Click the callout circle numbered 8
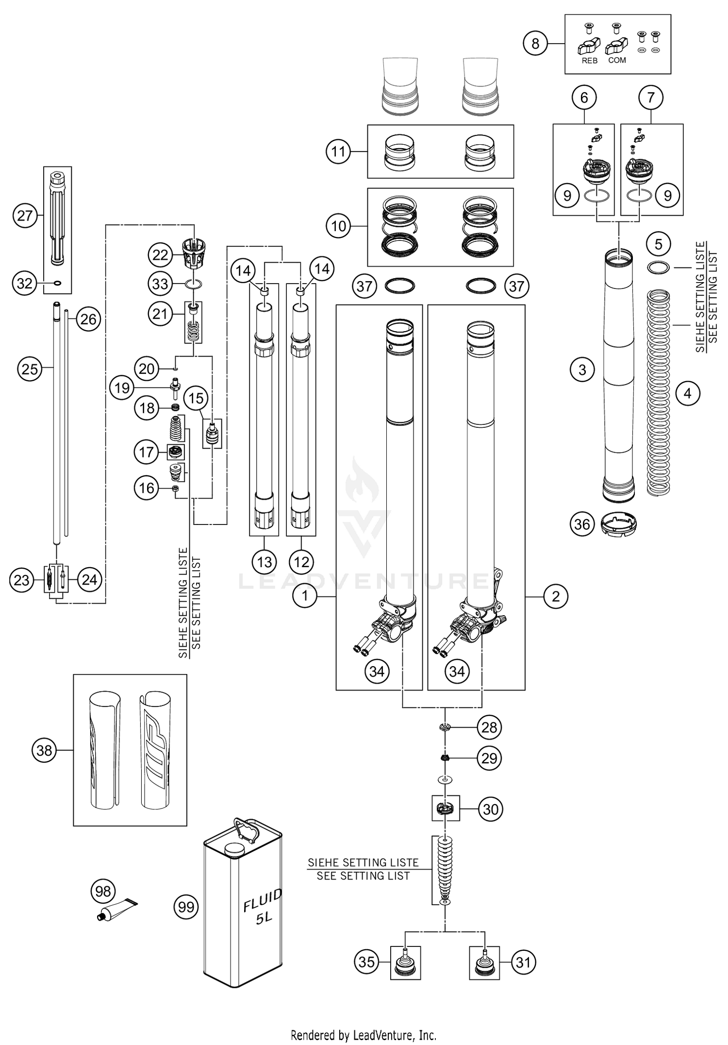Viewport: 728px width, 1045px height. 535,44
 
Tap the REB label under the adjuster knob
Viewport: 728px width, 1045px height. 589,61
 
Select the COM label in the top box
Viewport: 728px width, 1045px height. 617,60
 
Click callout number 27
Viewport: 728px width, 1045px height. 25,216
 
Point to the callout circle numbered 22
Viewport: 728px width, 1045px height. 160,255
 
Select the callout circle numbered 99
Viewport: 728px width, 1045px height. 186,907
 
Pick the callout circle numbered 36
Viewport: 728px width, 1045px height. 582,524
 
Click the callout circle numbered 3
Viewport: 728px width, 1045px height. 582,370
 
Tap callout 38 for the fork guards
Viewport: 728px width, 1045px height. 44,750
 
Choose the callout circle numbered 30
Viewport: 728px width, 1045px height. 491,809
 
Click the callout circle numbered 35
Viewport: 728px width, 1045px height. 366,962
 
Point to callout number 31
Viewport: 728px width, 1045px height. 523,962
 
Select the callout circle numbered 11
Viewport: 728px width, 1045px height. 338,152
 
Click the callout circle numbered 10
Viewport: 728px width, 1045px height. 338,226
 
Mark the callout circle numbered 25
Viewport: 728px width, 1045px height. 30,369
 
